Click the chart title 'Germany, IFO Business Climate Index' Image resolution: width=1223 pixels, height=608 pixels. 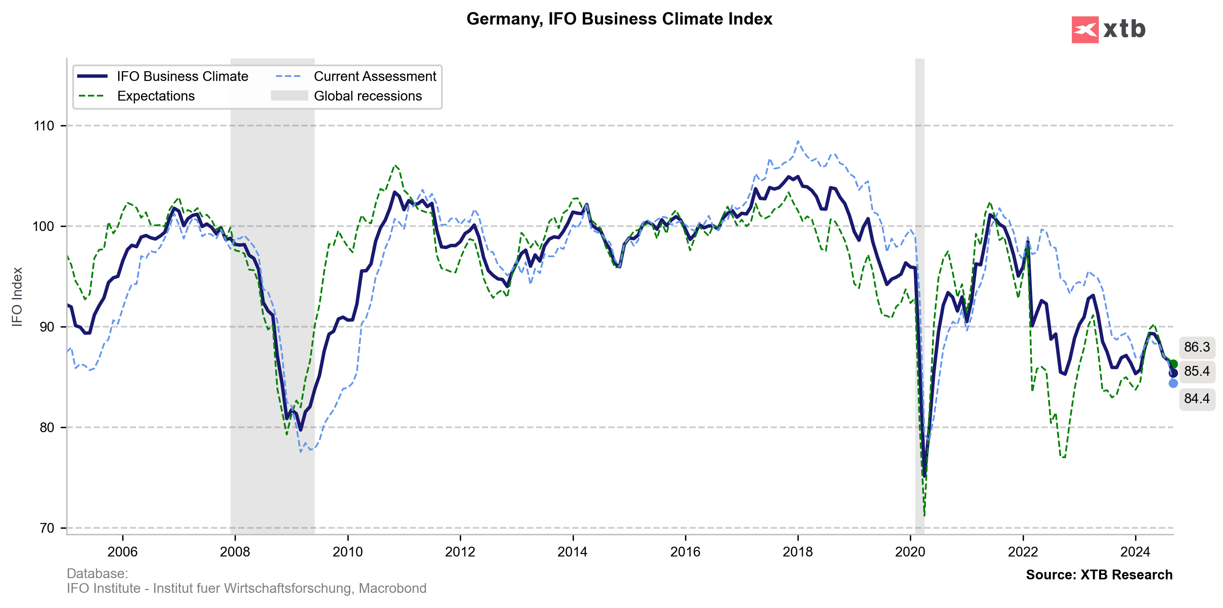coord(619,19)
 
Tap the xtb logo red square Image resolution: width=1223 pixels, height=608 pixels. coord(1085,30)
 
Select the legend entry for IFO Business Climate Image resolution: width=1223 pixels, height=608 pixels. coord(182,76)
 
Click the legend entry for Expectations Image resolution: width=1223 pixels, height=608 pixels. coord(156,96)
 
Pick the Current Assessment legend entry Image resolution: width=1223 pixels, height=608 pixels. coord(374,76)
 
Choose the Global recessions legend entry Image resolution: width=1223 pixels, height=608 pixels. coord(367,96)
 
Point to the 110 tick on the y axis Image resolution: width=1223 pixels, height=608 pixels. coord(44,126)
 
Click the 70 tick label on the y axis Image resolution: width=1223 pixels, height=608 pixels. coord(47,528)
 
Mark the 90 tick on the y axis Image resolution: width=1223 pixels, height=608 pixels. coord(44,327)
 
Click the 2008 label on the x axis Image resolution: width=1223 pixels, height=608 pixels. coord(235,552)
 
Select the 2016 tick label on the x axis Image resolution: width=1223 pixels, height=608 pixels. coord(685,552)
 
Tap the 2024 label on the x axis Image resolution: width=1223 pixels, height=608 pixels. coord(1135,552)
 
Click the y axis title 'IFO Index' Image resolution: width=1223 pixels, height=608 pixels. coord(17,297)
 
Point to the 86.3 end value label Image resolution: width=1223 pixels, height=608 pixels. coord(1197,347)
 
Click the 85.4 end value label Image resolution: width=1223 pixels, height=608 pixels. coord(1197,371)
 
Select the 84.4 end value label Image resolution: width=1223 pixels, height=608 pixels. coord(1197,398)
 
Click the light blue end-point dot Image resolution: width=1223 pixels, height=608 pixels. coord(1173,384)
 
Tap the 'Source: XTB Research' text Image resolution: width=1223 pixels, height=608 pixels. coord(1099,575)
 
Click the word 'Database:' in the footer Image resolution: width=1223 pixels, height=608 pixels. coord(97,573)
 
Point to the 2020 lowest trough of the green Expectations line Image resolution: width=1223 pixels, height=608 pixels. coord(924,515)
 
